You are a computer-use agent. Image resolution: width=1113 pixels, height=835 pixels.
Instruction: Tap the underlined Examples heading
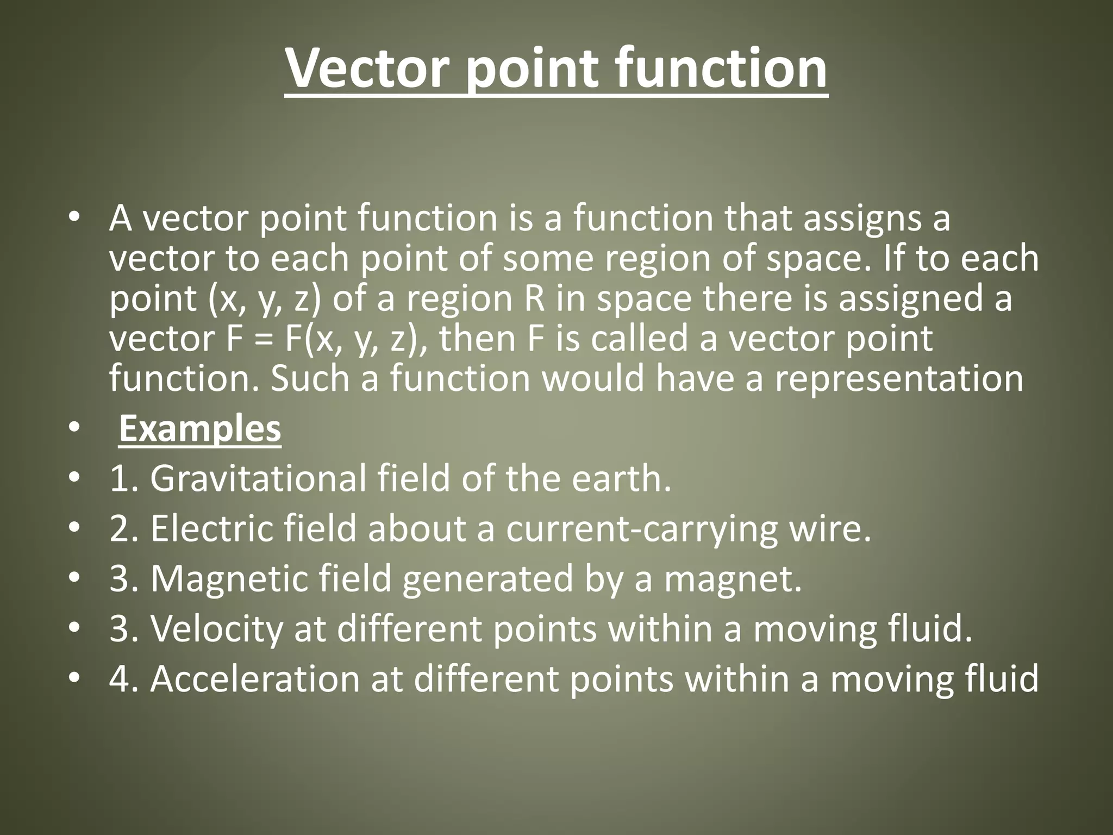pos(199,429)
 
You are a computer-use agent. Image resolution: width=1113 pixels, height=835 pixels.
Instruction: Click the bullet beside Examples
pos(74,429)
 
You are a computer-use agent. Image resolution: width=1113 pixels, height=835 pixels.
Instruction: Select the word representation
pos(899,379)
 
